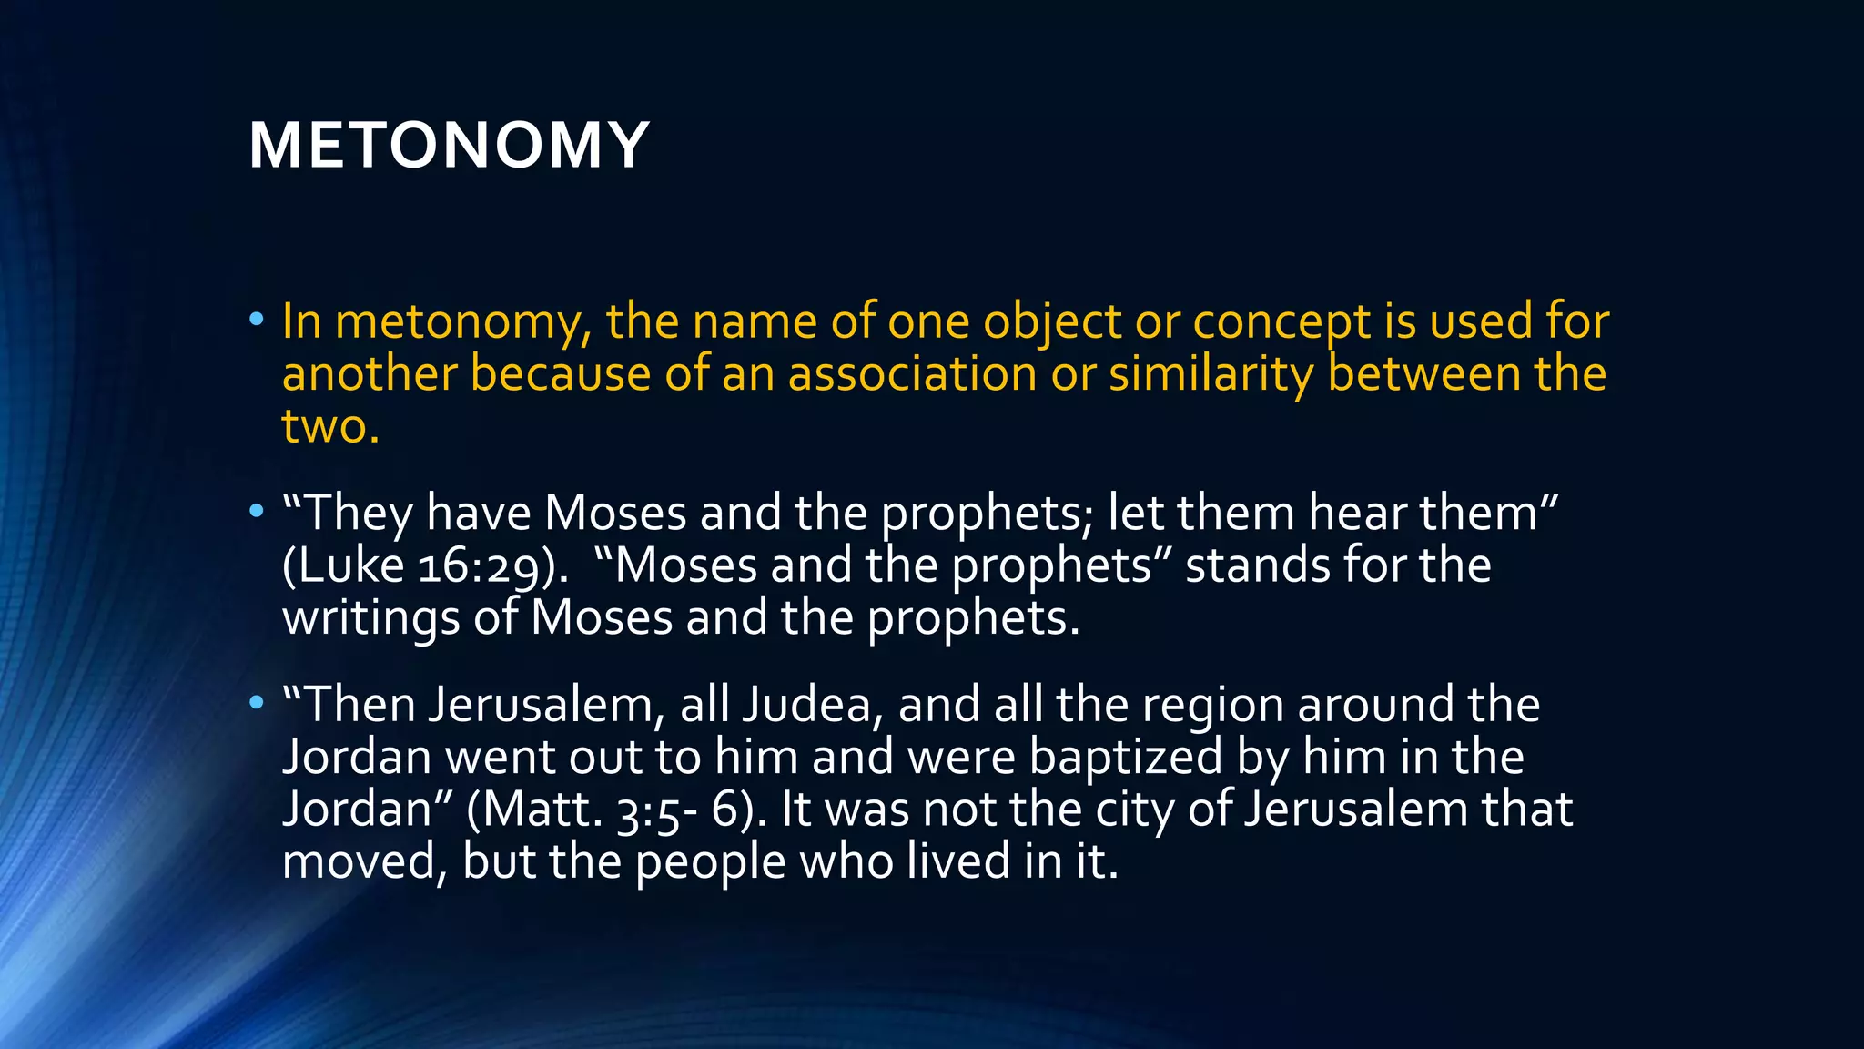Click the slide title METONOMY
point(449,146)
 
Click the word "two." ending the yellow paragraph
point(329,426)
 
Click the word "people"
point(710,862)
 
